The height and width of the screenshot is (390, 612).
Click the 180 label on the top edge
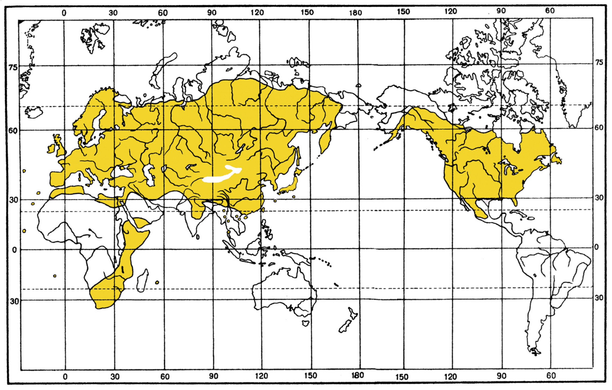click(x=355, y=13)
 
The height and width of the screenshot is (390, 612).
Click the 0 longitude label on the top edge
click(x=64, y=13)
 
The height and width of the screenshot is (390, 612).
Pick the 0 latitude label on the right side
click(x=597, y=247)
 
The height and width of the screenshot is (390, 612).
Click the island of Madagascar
click(x=142, y=281)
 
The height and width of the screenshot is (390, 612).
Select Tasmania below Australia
click(x=305, y=323)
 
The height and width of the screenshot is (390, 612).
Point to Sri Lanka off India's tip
click(x=198, y=237)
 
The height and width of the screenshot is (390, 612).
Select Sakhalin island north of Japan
click(x=298, y=156)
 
